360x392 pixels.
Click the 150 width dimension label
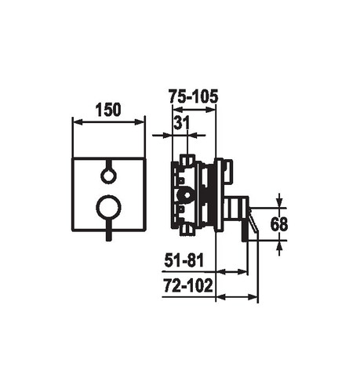click(108, 110)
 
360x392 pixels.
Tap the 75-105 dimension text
click(193, 96)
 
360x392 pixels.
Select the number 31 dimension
click(181, 123)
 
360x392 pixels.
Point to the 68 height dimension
click(279, 224)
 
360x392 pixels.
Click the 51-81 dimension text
click(184, 260)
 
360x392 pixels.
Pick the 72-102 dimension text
click(188, 285)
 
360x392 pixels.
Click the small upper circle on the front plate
click(108, 176)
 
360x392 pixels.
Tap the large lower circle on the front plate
click(108, 208)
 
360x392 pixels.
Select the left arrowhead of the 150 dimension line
click(78, 122)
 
